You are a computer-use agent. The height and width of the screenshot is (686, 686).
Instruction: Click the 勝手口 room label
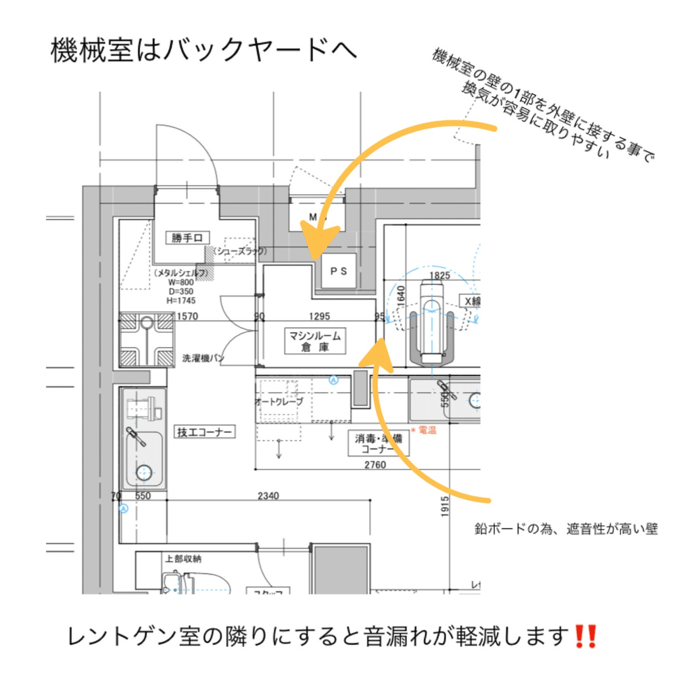(187, 238)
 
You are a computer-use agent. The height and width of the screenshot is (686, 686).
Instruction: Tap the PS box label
(338, 271)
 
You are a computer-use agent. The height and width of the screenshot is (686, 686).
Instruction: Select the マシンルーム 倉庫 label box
(315, 341)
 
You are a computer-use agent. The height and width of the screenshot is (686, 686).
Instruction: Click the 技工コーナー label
(204, 432)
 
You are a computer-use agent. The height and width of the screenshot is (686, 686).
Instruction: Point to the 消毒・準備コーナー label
(378, 444)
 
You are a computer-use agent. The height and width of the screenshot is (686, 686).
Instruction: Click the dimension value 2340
(268, 496)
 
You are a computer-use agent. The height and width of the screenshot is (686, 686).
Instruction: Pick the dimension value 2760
(375, 465)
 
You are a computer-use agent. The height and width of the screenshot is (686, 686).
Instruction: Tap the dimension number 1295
(319, 316)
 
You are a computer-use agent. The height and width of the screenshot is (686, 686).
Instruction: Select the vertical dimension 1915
(445, 506)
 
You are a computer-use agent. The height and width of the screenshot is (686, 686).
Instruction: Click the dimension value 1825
(440, 276)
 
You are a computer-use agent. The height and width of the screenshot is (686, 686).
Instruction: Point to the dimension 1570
(188, 316)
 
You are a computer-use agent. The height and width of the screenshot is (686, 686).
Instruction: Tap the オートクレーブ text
(279, 402)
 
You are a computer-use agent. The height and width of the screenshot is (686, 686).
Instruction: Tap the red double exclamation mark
(585, 636)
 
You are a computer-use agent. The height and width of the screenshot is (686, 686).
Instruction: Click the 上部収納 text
(183, 559)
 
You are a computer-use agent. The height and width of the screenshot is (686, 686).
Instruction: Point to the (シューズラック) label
(240, 251)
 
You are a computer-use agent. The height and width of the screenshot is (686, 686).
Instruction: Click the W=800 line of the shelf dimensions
(181, 282)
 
